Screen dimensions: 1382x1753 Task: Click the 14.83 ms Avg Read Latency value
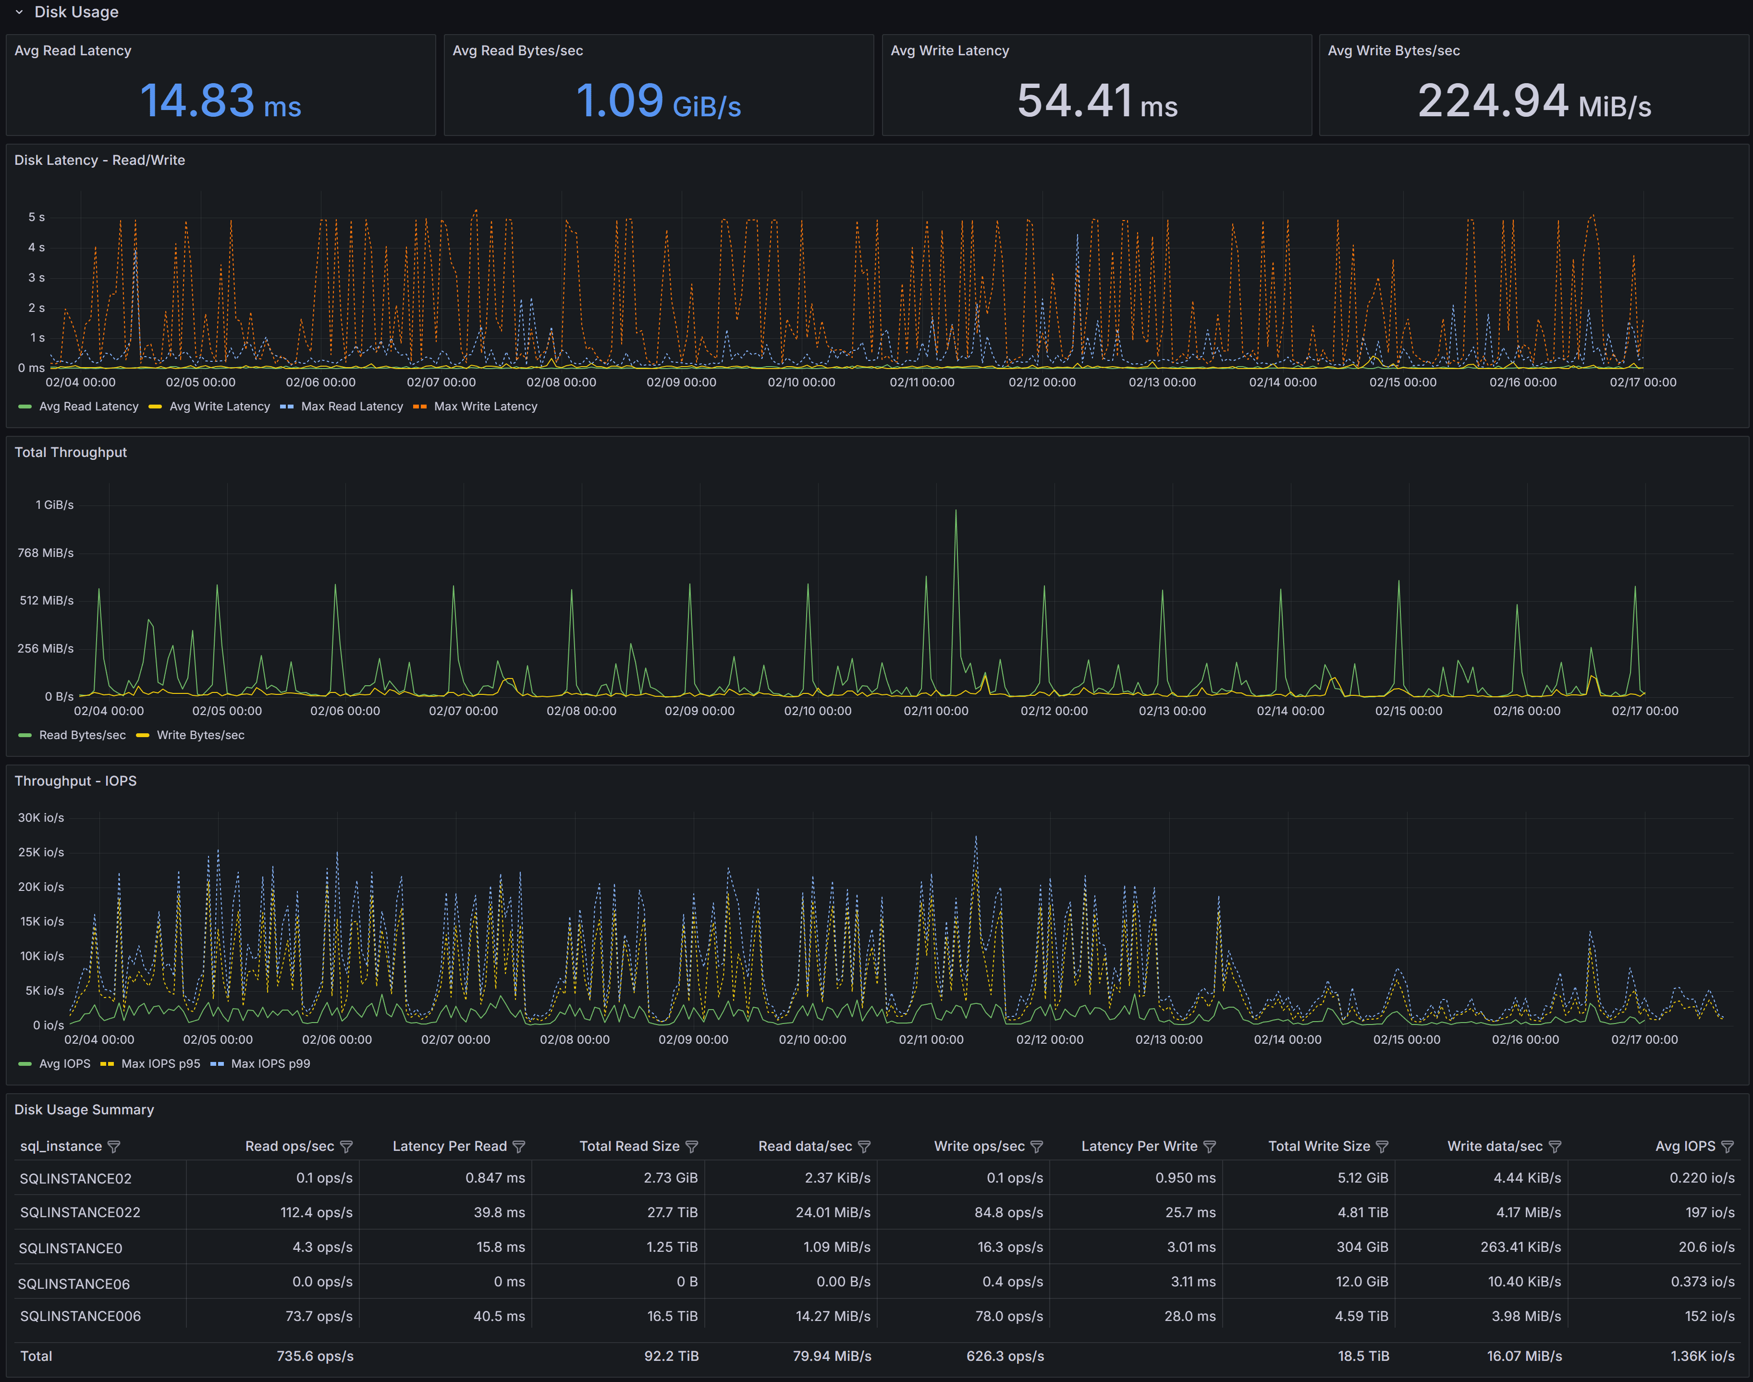coord(220,102)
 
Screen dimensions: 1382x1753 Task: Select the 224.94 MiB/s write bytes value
coord(1534,102)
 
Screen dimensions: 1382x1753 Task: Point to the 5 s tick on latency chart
coord(37,217)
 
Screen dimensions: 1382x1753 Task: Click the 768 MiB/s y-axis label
coord(45,553)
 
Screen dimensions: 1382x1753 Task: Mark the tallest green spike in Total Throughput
coord(956,511)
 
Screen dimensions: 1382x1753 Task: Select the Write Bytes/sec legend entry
coord(200,735)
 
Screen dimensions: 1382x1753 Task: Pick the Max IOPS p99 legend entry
coord(270,1063)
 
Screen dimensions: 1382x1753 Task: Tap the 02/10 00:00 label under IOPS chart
coord(812,1040)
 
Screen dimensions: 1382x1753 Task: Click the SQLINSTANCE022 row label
coord(80,1212)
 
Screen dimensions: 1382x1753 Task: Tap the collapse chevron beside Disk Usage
coord(19,12)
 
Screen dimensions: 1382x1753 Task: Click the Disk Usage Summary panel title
coord(84,1110)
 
